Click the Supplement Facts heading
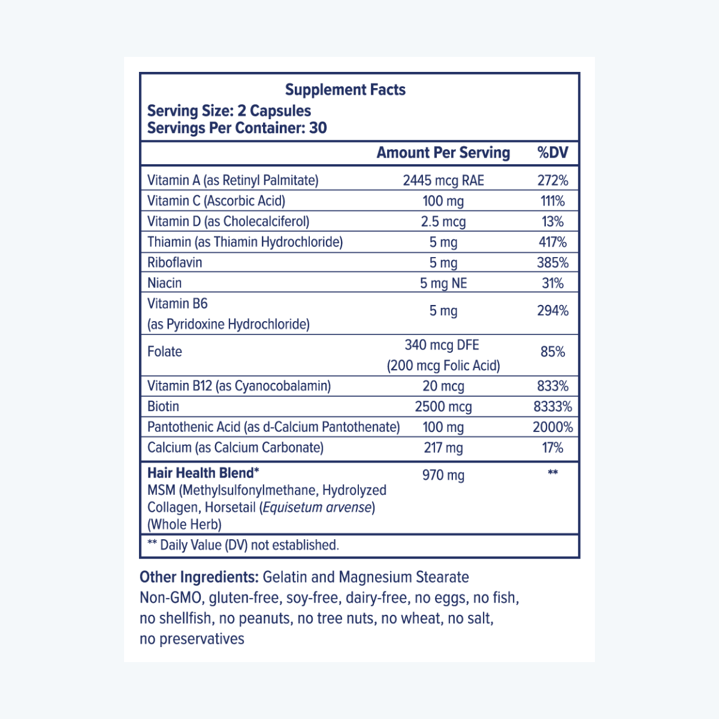click(x=345, y=90)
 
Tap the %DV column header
click(x=552, y=153)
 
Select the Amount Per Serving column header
click(x=443, y=153)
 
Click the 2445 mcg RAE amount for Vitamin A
click(x=443, y=180)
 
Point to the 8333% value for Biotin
click(x=552, y=407)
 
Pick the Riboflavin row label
click(x=174, y=262)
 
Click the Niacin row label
click(x=164, y=283)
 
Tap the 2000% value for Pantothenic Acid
click(x=552, y=427)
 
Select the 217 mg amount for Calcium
click(x=443, y=448)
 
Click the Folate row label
click(x=165, y=352)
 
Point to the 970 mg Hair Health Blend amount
click(x=443, y=475)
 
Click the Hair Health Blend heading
click(x=203, y=473)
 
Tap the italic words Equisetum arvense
click(x=317, y=507)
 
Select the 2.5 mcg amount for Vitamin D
click(x=443, y=222)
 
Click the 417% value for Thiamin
click(x=552, y=242)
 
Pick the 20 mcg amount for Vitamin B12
click(x=443, y=386)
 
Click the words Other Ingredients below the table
click(x=199, y=577)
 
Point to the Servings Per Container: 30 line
click(x=237, y=128)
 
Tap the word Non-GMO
click(x=170, y=598)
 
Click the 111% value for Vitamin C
click(x=552, y=201)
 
